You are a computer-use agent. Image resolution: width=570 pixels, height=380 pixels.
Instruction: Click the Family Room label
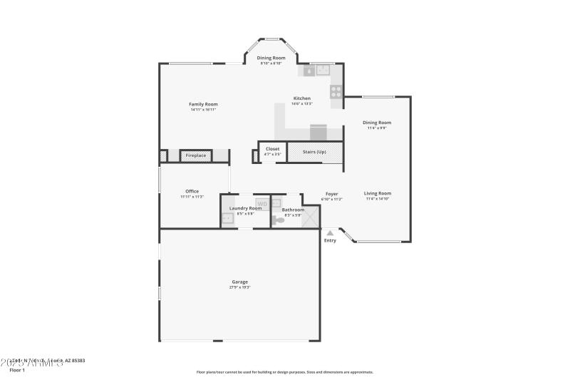pyautogui.click(x=203, y=104)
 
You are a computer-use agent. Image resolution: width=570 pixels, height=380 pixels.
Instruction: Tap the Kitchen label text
pyautogui.click(x=302, y=98)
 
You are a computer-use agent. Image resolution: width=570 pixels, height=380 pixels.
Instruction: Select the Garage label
pyautogui.click(x=239, y=281)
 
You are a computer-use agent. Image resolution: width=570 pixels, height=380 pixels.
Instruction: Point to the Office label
pyautogui.click(x=192, y=191)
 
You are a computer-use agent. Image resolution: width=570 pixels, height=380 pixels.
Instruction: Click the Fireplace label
pyautogui.click(x=196, y=155)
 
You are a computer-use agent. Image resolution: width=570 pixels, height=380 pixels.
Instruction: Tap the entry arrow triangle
pyautogui.click(x=329, y=232)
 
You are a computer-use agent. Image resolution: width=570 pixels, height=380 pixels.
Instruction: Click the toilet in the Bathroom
pyautogui.click(x=279, y=220)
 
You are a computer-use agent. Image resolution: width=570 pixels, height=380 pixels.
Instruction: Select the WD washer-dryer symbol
pyautogui.click(x=261, y=204)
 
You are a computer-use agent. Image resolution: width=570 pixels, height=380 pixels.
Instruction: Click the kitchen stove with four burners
pyautogui.click(x=336, y=91)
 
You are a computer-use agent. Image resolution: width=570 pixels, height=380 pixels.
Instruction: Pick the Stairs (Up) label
pyautogui.click(x=315, y=152)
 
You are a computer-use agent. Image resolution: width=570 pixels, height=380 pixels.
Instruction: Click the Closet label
pyautogui.click(x=273, y=149)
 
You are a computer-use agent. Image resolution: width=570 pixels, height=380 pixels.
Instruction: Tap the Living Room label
pyautogui.click(x=378, y=193)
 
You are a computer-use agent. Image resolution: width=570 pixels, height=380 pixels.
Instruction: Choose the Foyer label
pyautogui.click(x=331, y=194)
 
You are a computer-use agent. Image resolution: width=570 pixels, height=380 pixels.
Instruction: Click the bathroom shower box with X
pyautogui.click(x=310, y=219)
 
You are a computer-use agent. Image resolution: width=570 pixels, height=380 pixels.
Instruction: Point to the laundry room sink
pyautogui.click(x=227, y=219)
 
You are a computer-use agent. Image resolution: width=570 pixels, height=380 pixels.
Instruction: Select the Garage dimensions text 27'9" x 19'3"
pyautogui.click(x=239, y=287)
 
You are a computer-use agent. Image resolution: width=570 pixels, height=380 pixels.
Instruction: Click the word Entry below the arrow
pyautogui.click(x=330, y=240)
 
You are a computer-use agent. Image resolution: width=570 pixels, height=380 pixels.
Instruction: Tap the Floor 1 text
pyautogui.click(x=16, y=370)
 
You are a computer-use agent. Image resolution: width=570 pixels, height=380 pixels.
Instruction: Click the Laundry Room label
pyautogui.click(x=245, y=208)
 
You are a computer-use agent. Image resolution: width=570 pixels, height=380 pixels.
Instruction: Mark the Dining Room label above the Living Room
pyautogui.click(x=378, y=123)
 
